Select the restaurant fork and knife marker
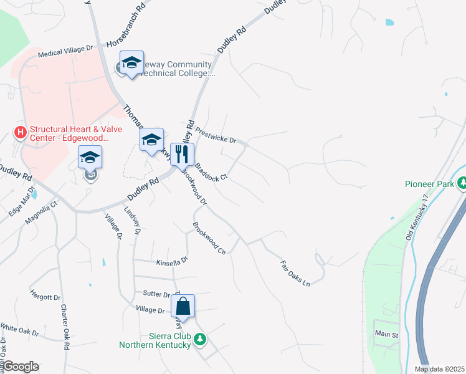pyautogui.click(x=182, y=155)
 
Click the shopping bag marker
pyautogui.click(x=183, y=307)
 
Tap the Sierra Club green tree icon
pyautogui.click(x=199, y=340)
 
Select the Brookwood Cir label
pyautogui.click(x=208, y=238)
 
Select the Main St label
pyautogui.click(x=386, y=335)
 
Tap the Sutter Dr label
pyautogui.click(x=156, y=294)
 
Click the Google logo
pyautogui.click(x=20, y=367)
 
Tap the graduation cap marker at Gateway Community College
pyautogui.click(x=131, y=62)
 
